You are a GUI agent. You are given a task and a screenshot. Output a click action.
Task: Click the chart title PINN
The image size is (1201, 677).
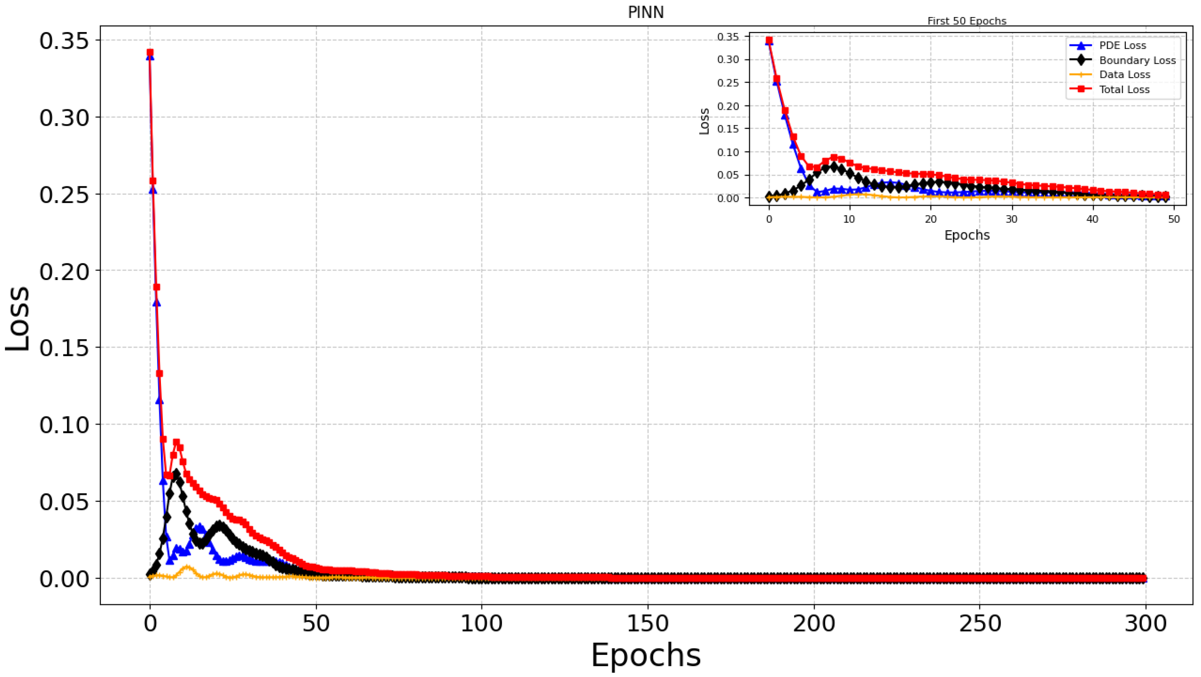coord(646,13)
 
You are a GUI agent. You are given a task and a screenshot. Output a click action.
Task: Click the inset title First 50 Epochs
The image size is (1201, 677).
coord(967,21)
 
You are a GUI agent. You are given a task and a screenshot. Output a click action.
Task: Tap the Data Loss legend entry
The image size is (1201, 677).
coord(1124,74)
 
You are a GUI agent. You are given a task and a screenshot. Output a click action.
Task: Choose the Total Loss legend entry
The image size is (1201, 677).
coord(1124,89)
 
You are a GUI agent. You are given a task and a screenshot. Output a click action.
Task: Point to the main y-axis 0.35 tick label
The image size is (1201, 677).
coord(64,41)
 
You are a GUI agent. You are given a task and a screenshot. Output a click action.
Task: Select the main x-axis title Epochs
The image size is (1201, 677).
coord(646,655)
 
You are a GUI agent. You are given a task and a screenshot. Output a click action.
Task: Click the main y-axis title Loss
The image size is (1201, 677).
coord(18,318)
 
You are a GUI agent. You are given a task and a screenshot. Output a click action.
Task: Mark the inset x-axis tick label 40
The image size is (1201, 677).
coord(1092,219)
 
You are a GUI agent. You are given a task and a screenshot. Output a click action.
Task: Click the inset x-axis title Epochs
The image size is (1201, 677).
coord(967,235)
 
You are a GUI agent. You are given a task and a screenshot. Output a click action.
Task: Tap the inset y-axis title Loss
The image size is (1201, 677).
coord(704,121)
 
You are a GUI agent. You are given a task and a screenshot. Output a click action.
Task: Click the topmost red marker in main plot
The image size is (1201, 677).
coord(150,53)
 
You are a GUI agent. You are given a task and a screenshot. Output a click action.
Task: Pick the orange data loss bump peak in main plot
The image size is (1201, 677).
coord(187,568)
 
